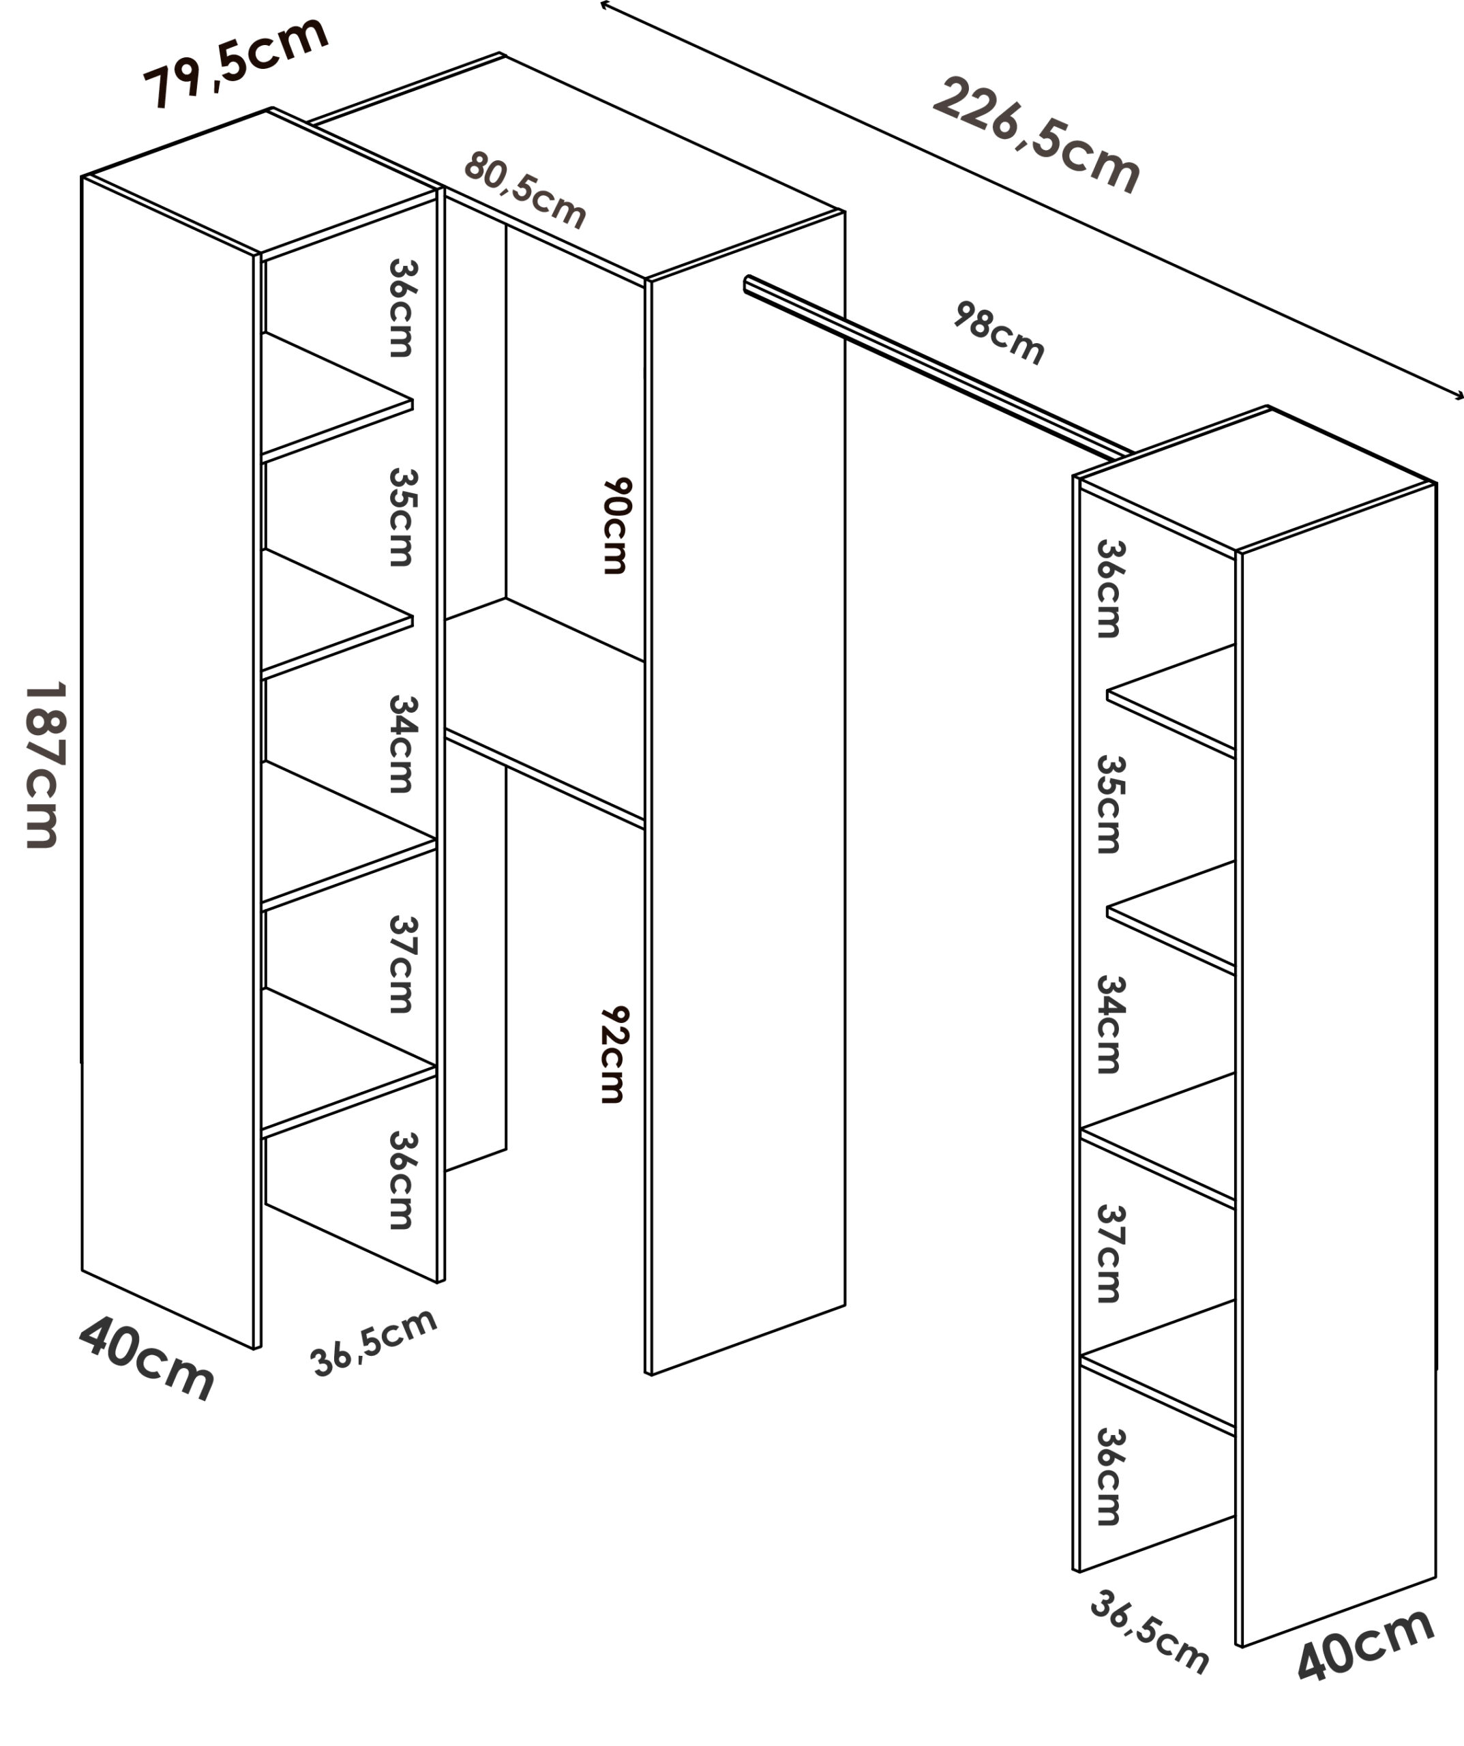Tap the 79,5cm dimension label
click(x=236, y=61)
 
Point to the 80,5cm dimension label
click(x=526, y=189)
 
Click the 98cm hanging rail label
click(x=998, y=333)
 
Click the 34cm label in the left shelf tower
click(x=403, y=744)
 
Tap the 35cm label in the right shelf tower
click(x=1110, y=804)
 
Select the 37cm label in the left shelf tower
click(x=403, y=964)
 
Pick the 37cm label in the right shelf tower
click(x=1110, y=1253)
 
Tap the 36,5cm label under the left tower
click(x=373, y=1342)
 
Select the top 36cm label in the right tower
click(x=1110, y=589)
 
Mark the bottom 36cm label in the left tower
click(x=403, y=1180)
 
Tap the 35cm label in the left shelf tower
click(x=403, y=517)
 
